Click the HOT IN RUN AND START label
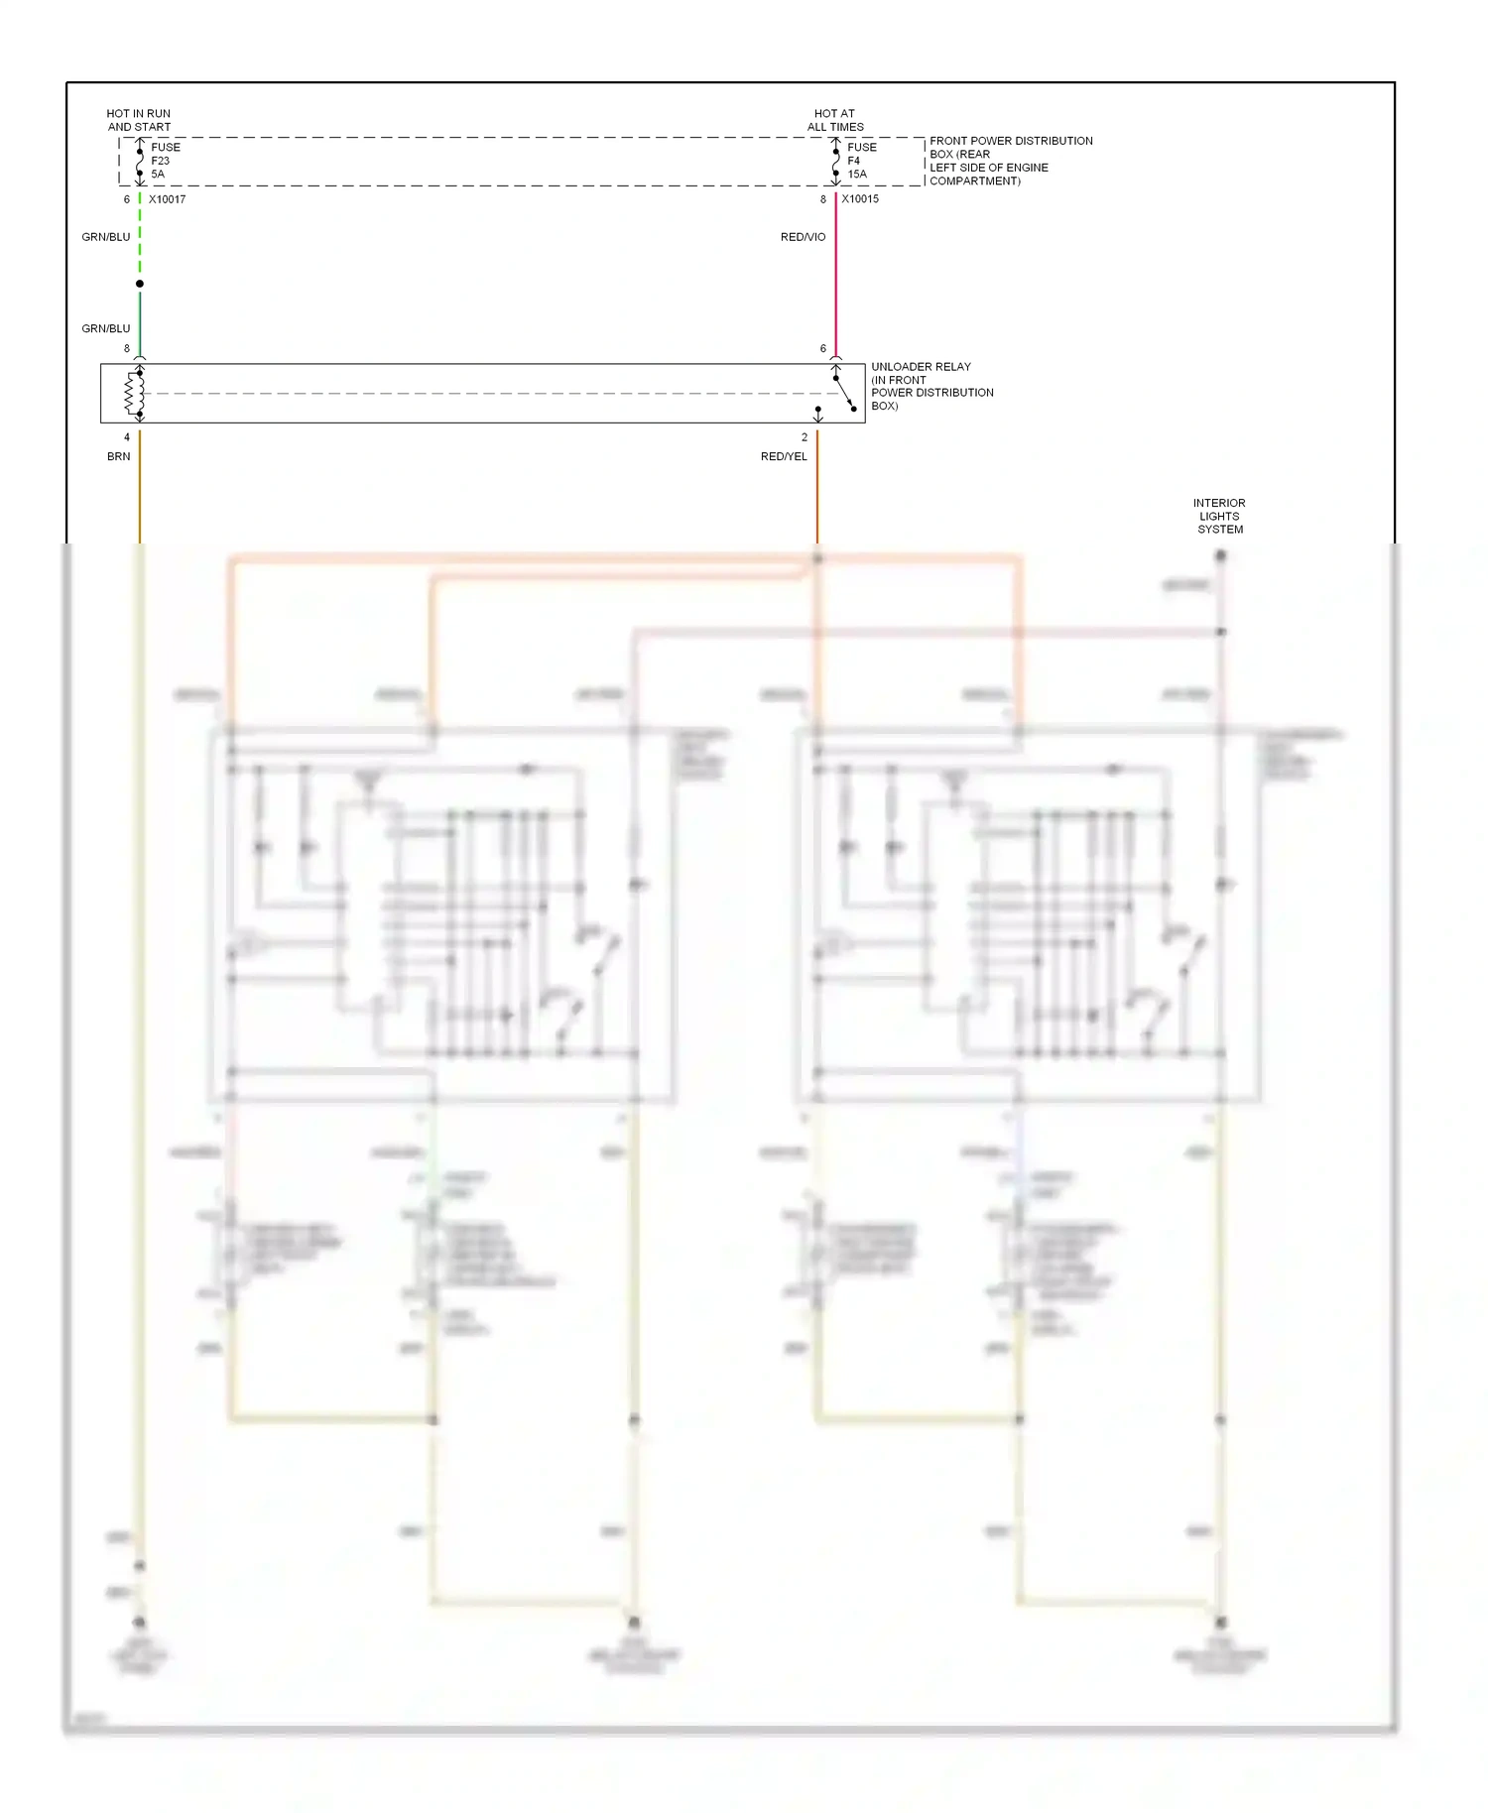(139, 120)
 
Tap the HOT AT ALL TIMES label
(834, 120)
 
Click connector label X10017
(167, 199)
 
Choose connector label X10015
(860, 199)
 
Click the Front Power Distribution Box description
(1010, 161)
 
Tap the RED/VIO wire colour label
(803, 237)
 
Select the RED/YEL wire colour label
(784, 456)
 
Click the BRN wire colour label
(119, 456)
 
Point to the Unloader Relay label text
(931, 386)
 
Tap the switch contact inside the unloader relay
(844, 393)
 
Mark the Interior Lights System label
(1219, 516)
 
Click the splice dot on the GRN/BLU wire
(140, 284)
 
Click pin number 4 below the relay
(127, 437)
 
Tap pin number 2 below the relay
(805, 437)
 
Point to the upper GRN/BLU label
(106, 237)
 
